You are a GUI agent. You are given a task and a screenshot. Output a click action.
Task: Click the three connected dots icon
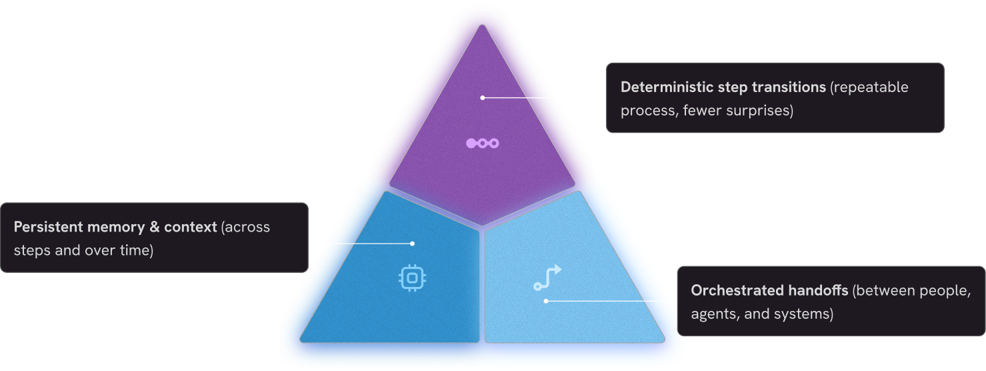(482, 143)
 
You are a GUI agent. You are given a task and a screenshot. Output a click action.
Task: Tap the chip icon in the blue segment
(412, 278)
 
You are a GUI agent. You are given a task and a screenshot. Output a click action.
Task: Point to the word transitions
(789, 87)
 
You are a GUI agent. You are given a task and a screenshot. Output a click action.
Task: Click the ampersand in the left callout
(154, 227)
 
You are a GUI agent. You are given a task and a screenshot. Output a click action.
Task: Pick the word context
(191, 227)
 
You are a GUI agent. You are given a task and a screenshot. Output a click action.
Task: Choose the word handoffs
(817, 290)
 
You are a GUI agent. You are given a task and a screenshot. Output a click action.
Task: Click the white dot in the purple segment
(482, 97)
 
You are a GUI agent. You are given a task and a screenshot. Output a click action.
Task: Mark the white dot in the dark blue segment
(412, 244)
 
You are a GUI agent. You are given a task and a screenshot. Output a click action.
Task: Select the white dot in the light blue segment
(546, 301)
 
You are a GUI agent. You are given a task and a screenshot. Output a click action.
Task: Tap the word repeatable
(871, 87)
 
